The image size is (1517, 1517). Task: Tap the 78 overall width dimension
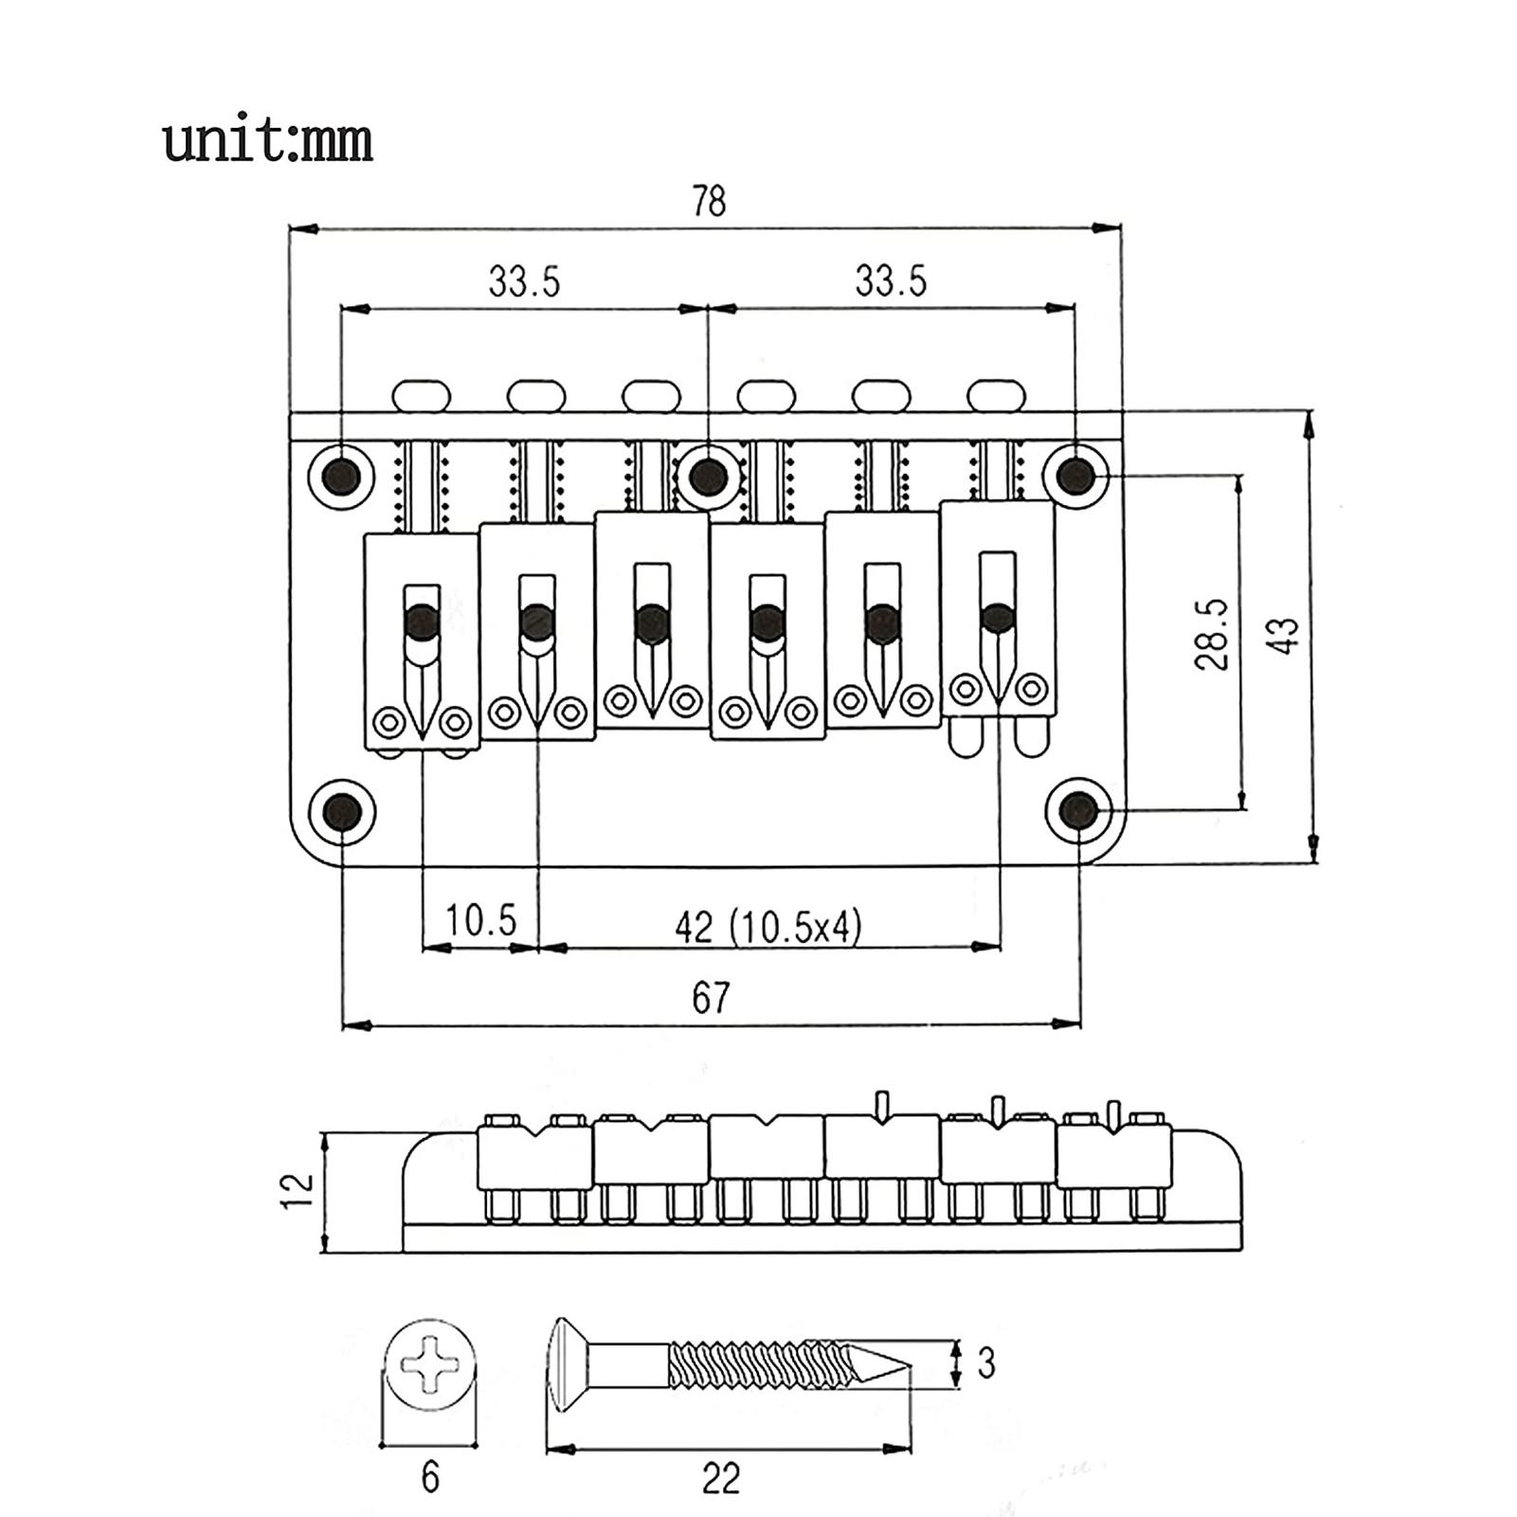click(709, 201)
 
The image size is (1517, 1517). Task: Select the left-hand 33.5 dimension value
click(525, 281)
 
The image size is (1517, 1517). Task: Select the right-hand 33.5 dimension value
click(891, 281)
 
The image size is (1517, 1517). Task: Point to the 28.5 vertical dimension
click(1212, 634)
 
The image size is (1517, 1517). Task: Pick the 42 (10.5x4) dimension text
click(768, 927)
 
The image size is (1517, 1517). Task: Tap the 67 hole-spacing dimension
click(711, 998)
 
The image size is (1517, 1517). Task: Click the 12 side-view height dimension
click(297, 1189)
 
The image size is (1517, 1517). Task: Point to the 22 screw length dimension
click(720, 1478)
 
